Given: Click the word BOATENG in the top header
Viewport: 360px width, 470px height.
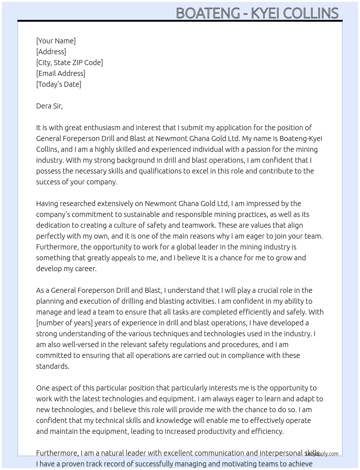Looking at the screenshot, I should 208,13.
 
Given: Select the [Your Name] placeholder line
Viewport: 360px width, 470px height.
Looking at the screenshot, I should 56,41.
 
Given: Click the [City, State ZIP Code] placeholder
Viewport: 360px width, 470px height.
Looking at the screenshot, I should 69,63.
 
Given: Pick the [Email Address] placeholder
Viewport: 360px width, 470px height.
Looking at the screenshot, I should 61,73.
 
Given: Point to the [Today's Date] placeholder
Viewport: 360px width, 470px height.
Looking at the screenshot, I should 59,84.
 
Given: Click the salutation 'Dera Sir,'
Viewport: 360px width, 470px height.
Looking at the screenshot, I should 49,106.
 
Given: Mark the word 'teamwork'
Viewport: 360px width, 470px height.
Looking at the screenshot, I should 198,225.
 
